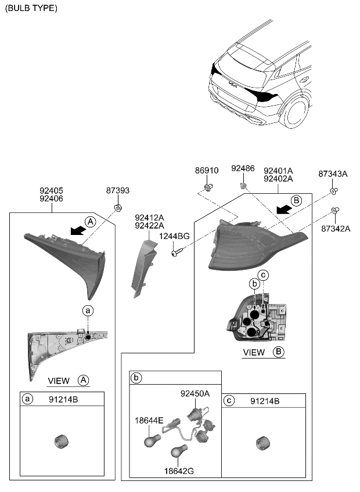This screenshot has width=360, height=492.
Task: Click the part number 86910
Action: [x=207, y=171]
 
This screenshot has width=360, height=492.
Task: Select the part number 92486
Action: [x=243, y=168]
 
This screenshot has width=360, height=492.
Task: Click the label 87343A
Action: [x=333, y=174]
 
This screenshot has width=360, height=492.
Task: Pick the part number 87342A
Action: [x=336, y=229]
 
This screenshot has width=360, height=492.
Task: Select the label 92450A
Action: [x=195, y=393]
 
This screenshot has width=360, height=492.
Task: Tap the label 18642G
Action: [x=179, y=471]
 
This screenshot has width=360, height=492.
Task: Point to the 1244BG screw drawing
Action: [x=177, y=252]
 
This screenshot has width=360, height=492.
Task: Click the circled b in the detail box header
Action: [x=137, y=378]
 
